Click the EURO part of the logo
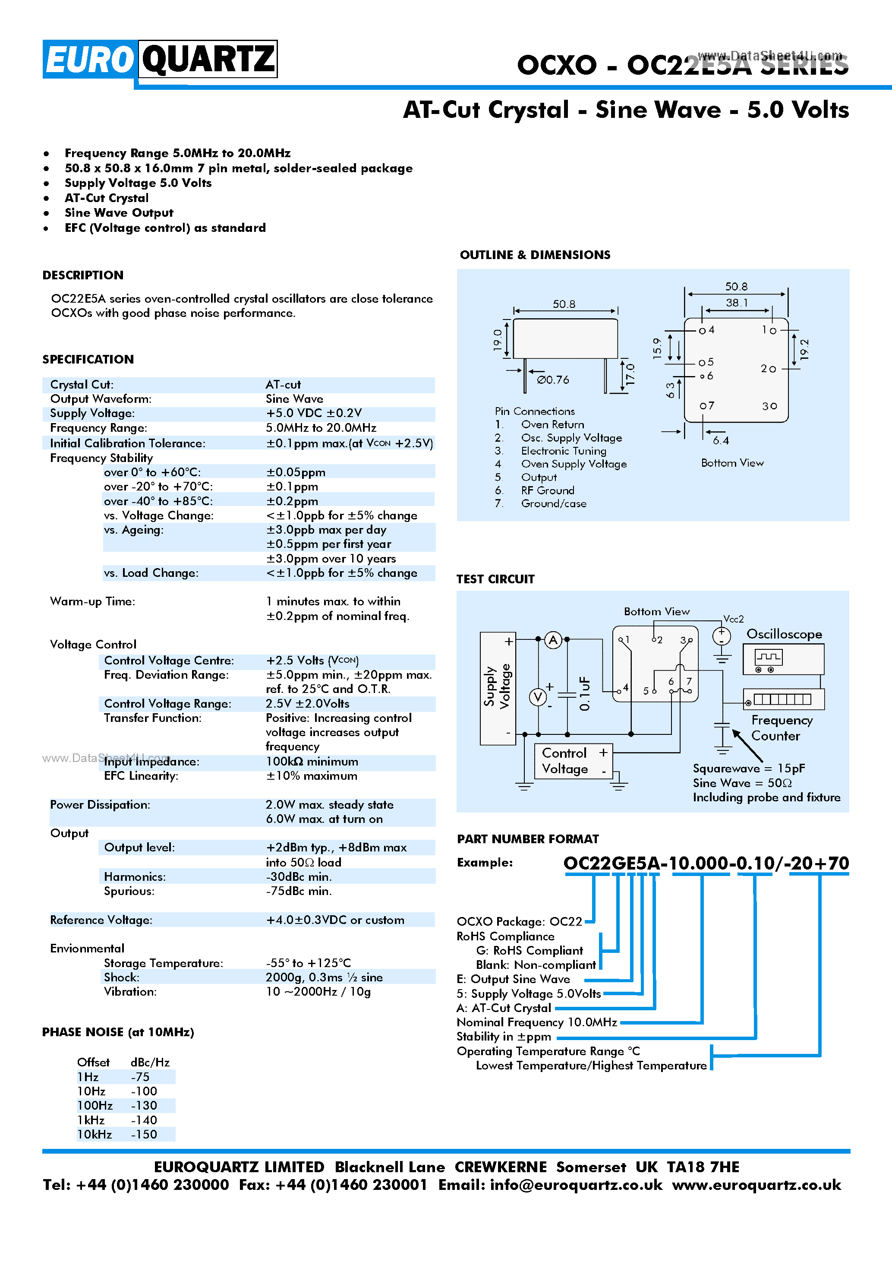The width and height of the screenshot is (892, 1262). coord(89,59)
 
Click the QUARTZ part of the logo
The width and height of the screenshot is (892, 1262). coord(208,59)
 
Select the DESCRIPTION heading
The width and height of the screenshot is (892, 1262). coord(83,275)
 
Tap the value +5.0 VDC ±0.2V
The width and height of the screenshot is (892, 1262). coord(314,413)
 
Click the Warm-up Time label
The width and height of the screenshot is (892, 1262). coord(92,601)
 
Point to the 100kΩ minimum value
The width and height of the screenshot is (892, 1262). coord(312,761)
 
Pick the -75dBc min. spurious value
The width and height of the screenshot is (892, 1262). coord(299,891)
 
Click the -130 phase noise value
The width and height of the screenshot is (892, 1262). coord(144,1105)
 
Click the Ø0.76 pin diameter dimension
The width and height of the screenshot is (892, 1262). coord(553,380)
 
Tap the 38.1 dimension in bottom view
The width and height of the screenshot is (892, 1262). coord(736,303)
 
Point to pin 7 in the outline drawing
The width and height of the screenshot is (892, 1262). coord(706,406)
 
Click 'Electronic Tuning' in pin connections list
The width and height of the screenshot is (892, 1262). coord(564,451)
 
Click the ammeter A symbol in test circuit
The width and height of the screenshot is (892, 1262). coord(553,640)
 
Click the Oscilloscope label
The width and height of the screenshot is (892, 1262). coord(784,634)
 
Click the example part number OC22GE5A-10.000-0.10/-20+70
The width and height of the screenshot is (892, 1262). coord(706,863)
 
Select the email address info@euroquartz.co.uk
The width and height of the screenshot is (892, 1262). coord(576,1184)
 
